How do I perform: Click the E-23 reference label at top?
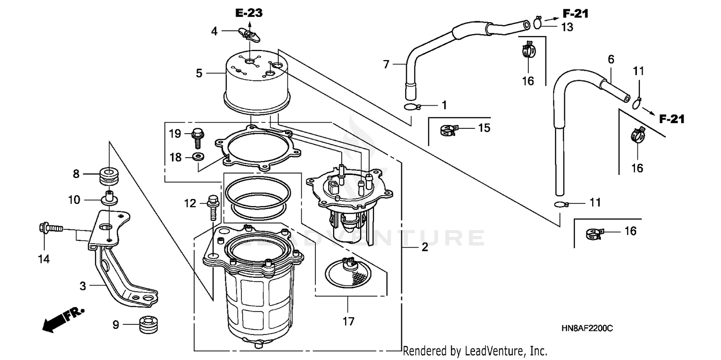pyautogui.click(x=249, y=13)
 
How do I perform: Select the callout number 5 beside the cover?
pyautogui.click(x=199, y=74)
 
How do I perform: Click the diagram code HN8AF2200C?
pyautogui.click(x=586, y=328)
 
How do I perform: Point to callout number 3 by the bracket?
pyautogui.click(x=83, y=286)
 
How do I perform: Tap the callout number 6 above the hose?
pyautogui.click(x=611, y=60)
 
